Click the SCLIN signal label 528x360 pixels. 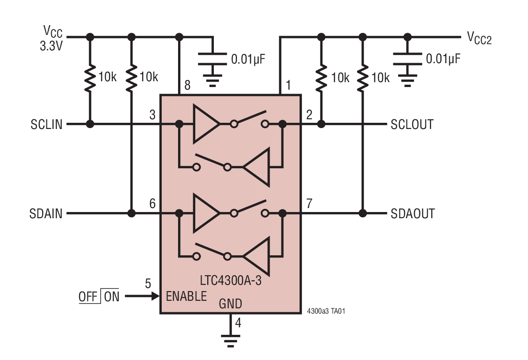click(46, 125)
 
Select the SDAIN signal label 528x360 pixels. click(46, 214)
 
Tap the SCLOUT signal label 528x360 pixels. click(412, 125)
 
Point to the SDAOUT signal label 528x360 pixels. click(413, 214)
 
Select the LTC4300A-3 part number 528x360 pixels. click(230, 280)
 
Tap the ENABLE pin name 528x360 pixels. click(186, 296)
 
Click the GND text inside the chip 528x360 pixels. click(230, 304)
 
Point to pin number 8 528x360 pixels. click(187, 85)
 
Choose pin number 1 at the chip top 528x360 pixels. click(288, 85)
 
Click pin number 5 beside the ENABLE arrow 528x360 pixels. click(148, 283)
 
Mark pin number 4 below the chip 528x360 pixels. click(238, 323)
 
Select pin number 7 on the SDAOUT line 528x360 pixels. click(309, 204)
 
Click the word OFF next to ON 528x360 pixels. click(88, 297)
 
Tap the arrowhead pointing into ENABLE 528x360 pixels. click(155, 296)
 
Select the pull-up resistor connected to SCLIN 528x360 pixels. click(90, 78)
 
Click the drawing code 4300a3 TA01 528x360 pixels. click(326, 311)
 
